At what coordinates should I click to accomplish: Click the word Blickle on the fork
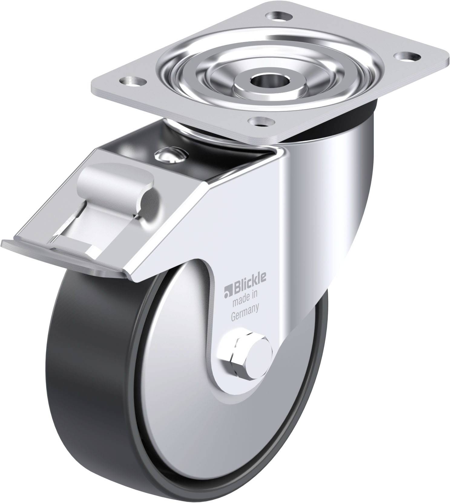click(x=249, y=285)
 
